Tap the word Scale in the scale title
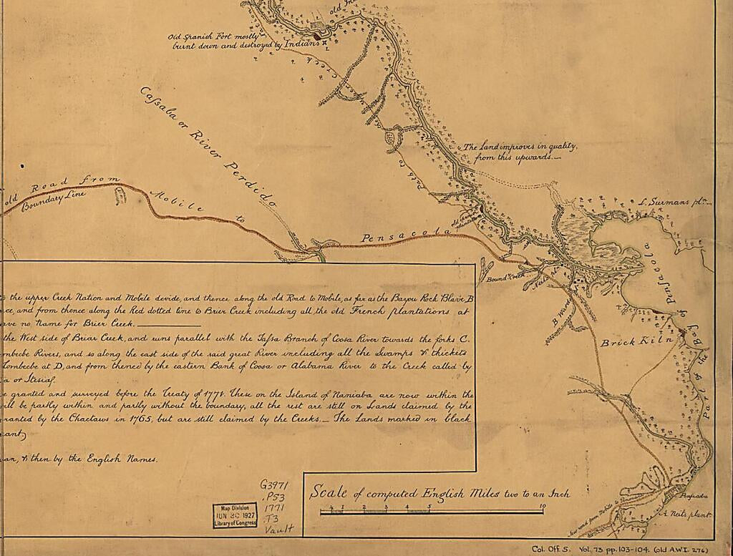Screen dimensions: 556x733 tap(327, 492)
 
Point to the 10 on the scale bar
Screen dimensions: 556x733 tap(543, 507)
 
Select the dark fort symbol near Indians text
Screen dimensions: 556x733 tap(317, 33)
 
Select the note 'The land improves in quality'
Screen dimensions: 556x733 tap(519, 151)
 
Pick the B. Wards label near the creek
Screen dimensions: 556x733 tap(562, 316)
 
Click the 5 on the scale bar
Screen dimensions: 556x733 tap(429, 507)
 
